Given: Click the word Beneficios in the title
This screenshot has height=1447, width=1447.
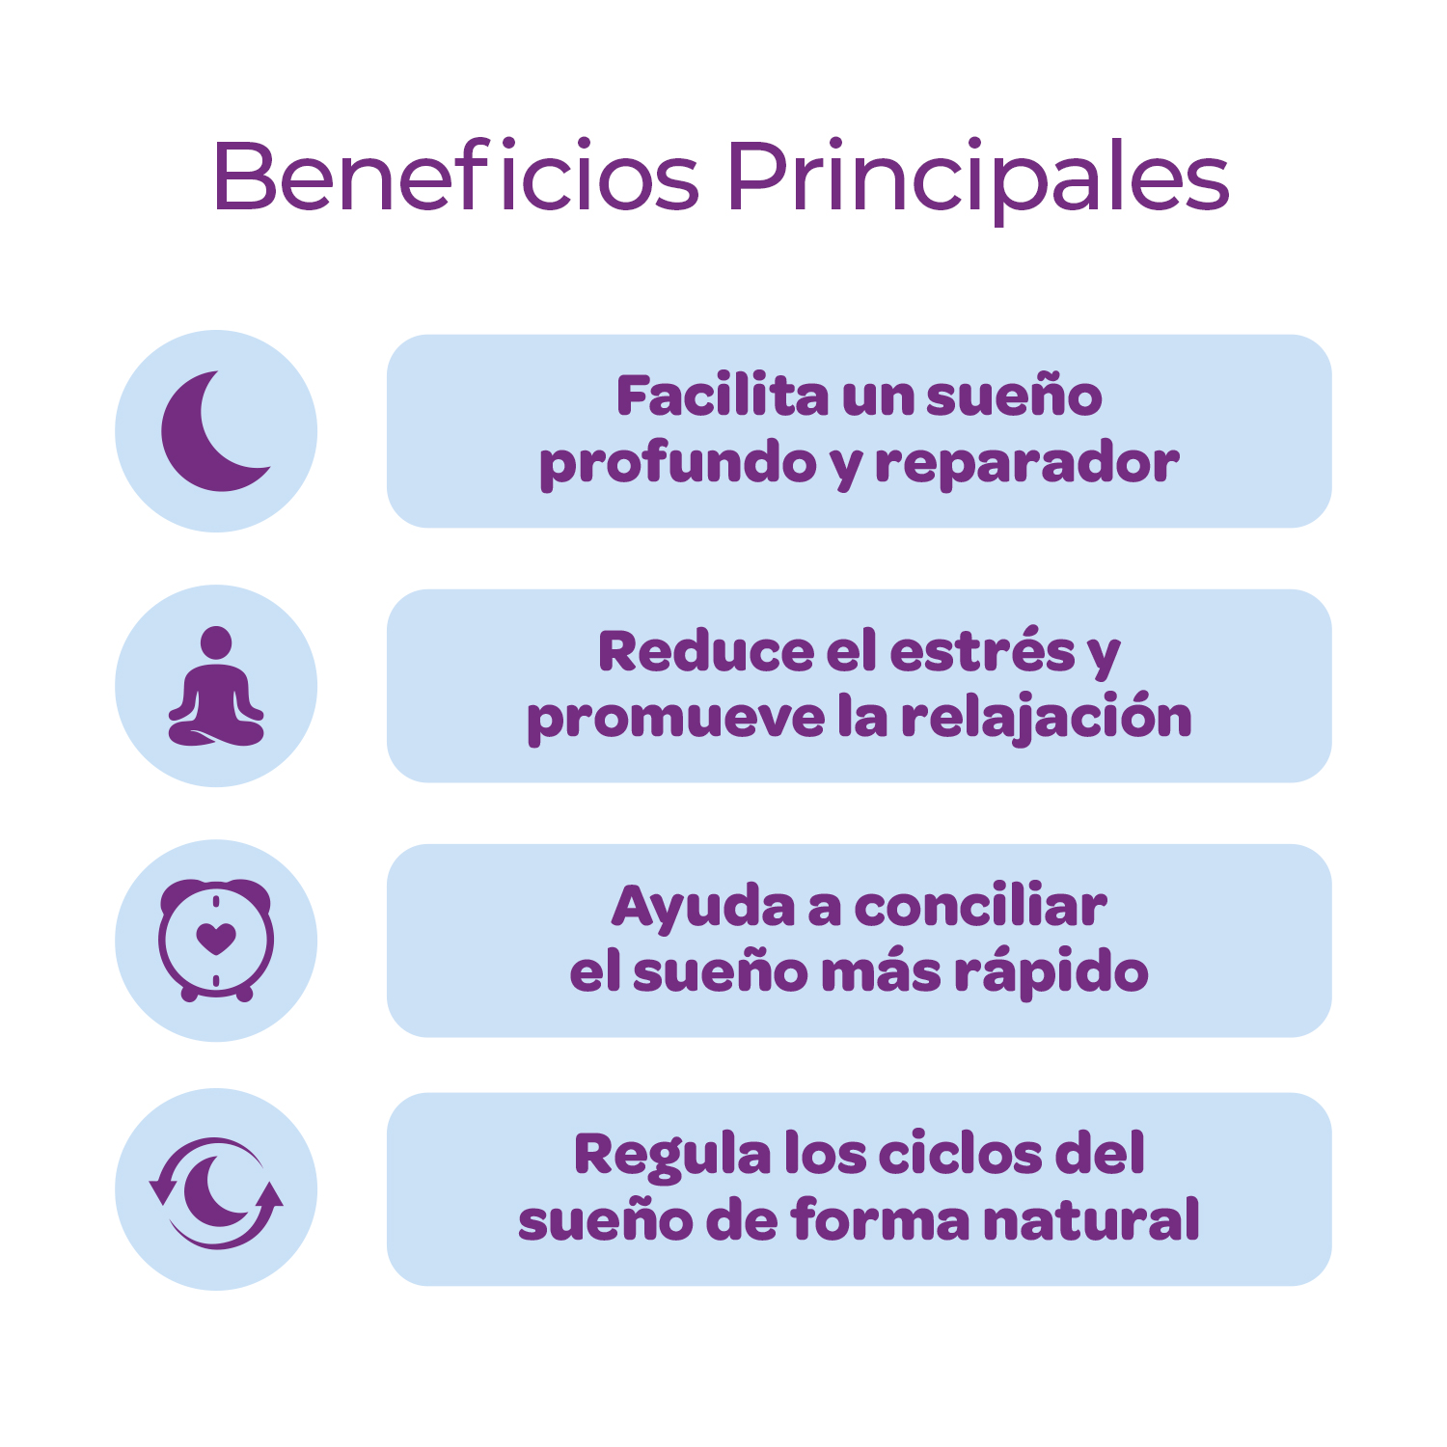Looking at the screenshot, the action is point(455,176).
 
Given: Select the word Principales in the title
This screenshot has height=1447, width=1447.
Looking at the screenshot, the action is point(978,180).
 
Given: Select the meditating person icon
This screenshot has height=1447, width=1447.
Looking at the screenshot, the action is point(216,686).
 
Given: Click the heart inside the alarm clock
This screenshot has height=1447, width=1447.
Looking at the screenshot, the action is point(216,938).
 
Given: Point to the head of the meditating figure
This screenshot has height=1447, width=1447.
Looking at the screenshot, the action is point(216,642).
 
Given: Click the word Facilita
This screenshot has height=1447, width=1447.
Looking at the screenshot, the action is point(723,396).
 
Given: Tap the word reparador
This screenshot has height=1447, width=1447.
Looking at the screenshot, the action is point(1026,465).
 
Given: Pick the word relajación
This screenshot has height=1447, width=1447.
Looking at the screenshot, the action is point(1046,719).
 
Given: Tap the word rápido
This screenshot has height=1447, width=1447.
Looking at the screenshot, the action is point(1051,972).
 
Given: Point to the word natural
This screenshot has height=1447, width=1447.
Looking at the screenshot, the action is point(1091,1219).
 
